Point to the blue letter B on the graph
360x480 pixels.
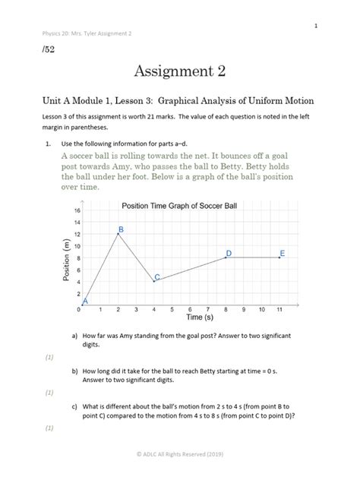pyautogui.click(x=120, y=229)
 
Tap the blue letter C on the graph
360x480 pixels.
pyautogui.click(x=157, y=277)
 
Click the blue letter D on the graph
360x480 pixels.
pyautogui.click(x=229, y=253)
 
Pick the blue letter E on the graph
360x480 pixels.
pyautogui.click(x=283, y=253)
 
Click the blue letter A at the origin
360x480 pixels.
pyautogui.click(x=85, y=302)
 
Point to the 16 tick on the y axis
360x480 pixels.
pyautogui.click(x=77, y=210)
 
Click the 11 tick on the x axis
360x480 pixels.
pyautogui.click(x=280, y=310)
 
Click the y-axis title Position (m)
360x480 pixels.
pyautogui.click(x=66, y=257)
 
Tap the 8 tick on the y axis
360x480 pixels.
pyautogui.click(x=77, y=257)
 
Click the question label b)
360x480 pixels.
pyautogui.click(x=75, y=371)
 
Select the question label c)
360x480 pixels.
pyautogui.click(x=75, y=406)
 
